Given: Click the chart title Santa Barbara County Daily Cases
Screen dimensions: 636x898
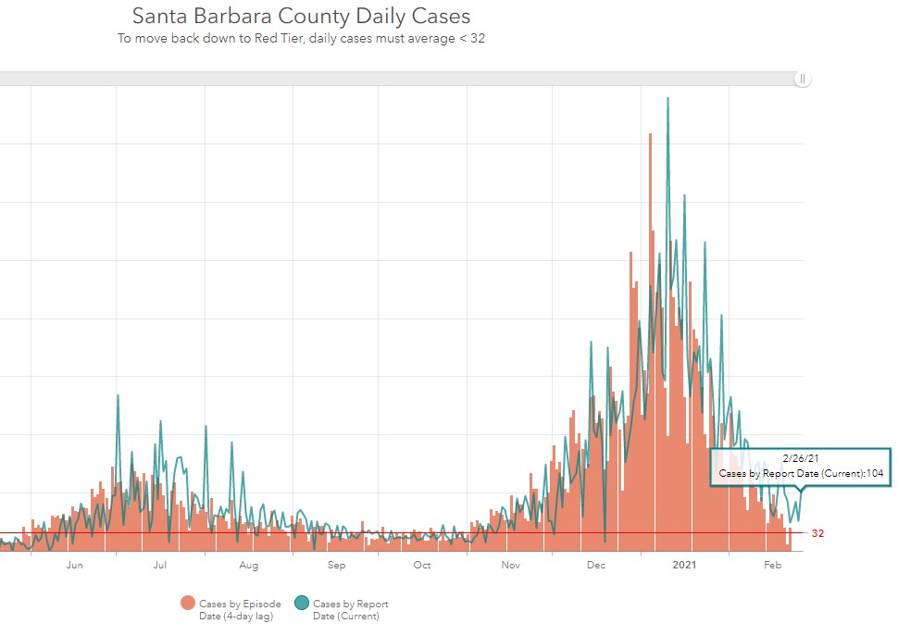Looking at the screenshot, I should pos(301,16).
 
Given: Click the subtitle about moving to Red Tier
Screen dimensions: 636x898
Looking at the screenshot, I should pos(301,39).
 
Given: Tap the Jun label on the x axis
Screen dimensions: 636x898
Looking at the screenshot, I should pos(75,565).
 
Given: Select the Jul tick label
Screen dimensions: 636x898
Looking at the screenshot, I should pos(160,565).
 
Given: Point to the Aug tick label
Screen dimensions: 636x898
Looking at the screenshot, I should pos(249,565).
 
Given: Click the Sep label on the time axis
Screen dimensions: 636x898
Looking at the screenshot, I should pos(336,565).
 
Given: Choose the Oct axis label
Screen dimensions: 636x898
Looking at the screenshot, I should pos(422,565).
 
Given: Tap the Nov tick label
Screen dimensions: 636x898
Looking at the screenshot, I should pos(509,565).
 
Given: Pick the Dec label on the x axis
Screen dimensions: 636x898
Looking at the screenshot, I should pos(596,565).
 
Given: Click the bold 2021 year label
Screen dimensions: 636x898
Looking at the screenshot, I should pos(684,565).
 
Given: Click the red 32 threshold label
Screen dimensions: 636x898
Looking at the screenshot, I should pos(817,533).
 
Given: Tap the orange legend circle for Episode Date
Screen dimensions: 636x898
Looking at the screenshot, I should pos(189,604).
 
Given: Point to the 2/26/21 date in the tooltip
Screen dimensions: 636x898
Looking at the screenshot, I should pos(800,457).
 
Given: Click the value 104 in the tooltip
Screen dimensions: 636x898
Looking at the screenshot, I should pos(874,473).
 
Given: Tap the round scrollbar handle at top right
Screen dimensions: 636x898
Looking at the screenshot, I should pos(803,80).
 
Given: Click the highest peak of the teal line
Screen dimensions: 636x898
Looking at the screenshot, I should pos(667,97).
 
